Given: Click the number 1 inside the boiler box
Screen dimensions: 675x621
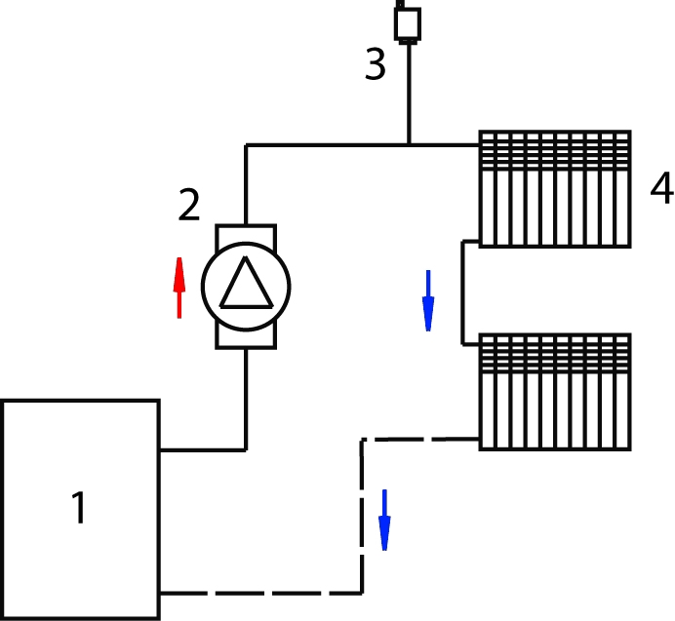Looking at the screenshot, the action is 80,508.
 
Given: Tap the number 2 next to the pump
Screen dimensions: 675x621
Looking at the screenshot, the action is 189,205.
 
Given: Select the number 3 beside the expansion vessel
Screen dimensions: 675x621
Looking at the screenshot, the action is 375,63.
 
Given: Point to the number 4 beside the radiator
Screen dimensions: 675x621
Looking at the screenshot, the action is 662,188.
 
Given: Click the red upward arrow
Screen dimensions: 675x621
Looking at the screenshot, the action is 179,288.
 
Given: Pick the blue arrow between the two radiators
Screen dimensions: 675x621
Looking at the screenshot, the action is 428,300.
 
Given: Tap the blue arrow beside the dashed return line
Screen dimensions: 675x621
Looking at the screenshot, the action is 384,520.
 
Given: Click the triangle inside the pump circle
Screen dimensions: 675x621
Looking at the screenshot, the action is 246,283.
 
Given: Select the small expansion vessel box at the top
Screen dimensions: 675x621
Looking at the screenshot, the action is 408,24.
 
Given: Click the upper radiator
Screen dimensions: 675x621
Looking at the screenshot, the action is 555,189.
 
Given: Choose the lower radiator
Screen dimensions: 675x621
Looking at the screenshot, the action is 555,392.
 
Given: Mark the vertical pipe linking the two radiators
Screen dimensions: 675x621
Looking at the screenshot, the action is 462,292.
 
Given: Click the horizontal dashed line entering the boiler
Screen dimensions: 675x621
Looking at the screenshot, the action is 260,593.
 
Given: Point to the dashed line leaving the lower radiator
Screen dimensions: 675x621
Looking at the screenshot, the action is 420,439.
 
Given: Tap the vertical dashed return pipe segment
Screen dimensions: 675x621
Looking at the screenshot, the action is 362,517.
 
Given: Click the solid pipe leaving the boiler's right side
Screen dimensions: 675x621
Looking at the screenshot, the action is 203,450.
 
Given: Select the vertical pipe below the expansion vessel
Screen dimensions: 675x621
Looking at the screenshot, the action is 409,94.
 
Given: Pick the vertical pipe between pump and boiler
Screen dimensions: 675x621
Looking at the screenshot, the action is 246,399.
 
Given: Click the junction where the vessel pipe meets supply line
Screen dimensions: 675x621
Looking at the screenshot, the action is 409,145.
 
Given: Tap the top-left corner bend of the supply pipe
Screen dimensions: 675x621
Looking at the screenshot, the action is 246,145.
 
